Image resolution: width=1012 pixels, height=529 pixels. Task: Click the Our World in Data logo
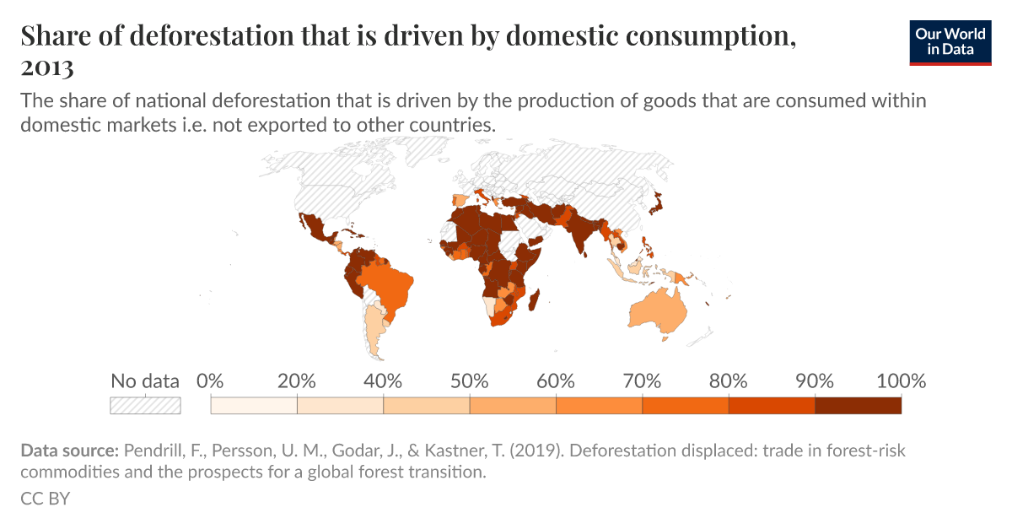950,42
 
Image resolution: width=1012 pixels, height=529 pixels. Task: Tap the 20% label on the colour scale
297,381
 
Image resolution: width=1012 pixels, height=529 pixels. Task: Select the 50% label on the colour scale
470,381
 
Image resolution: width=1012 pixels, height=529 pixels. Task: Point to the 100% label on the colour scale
901,381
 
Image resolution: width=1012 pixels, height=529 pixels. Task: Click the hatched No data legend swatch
145,406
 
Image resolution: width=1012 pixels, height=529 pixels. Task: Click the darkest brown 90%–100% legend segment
858,406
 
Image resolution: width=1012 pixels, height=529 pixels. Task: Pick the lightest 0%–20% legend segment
254,406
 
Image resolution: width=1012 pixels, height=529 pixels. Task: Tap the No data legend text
145,381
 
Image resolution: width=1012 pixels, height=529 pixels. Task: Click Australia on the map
656,311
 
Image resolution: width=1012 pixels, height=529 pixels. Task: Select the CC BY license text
45,499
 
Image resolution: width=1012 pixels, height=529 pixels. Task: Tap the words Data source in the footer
69,451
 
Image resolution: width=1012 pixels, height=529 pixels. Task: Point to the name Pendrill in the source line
153,451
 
